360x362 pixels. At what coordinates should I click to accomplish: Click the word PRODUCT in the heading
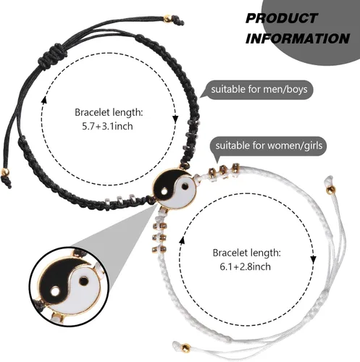[x=282, y=18]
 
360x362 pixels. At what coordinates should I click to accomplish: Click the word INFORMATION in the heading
[x=298, y=38]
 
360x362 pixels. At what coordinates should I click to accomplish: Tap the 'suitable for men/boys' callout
[x=259, y=90]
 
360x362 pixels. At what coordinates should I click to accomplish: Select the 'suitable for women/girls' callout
[x=269, y=146]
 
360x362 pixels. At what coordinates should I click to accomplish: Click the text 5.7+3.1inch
[x=107, y=126]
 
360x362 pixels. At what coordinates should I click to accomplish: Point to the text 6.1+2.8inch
[x=246, y=266]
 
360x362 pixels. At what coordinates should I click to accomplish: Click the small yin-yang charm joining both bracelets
[x=175, y=189]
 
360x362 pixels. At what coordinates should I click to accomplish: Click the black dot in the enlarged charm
[x=83, y=281]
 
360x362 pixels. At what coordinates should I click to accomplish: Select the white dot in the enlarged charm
[x=55, y=292]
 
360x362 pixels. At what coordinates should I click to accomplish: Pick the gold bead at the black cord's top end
[x=167, y=18]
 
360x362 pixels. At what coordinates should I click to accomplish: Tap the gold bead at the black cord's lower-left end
[x=5, y=172]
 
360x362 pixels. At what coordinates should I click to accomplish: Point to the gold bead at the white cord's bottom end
[x=185, y=348]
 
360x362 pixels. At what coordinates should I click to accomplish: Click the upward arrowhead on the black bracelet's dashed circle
[x=44, y=99]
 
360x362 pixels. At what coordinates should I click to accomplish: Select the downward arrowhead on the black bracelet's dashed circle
[x=175, y=119]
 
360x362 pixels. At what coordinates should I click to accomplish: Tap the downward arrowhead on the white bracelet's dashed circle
[x=313, y=260]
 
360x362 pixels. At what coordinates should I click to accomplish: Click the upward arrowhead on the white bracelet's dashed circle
[x=183, y=240]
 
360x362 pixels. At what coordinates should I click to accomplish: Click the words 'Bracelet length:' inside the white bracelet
[x=247, y=253]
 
